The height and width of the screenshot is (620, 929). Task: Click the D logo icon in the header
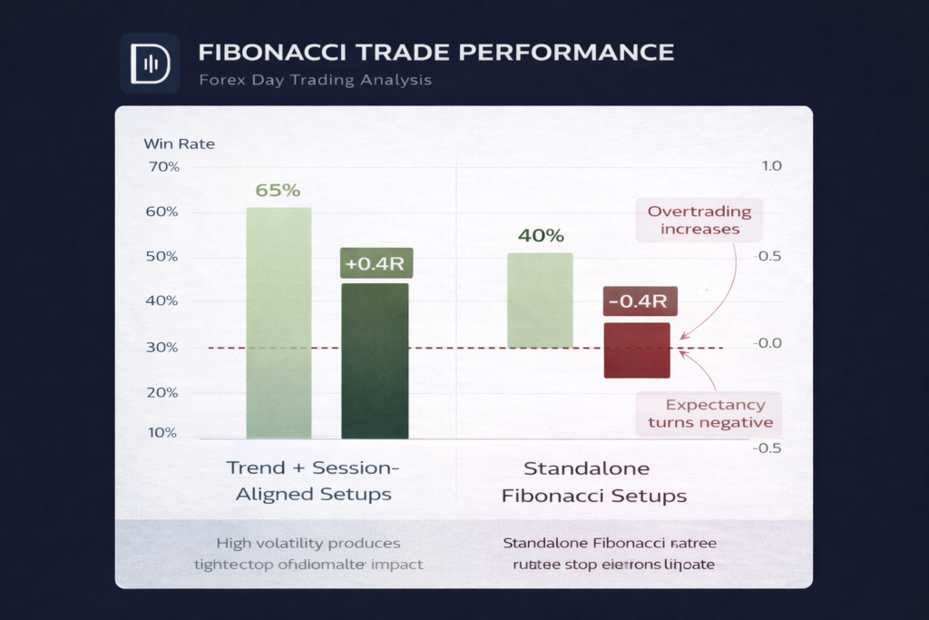(149, 64)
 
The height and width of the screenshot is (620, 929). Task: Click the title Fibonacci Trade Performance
(435, 51)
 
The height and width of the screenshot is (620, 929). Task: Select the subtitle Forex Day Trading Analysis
(315, 80)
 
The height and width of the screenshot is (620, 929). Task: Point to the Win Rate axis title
(179, 143)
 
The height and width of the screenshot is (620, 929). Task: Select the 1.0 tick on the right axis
(772, 167)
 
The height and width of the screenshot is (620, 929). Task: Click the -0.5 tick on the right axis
(769, 448)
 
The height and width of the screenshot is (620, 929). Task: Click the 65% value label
(278, 191)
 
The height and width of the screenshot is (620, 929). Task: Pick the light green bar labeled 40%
(540, 300)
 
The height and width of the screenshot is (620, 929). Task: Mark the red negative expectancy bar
(637, 350)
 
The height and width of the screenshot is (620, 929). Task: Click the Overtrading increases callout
(699, 220)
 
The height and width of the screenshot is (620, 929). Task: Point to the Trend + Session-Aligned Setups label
(313, 481)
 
